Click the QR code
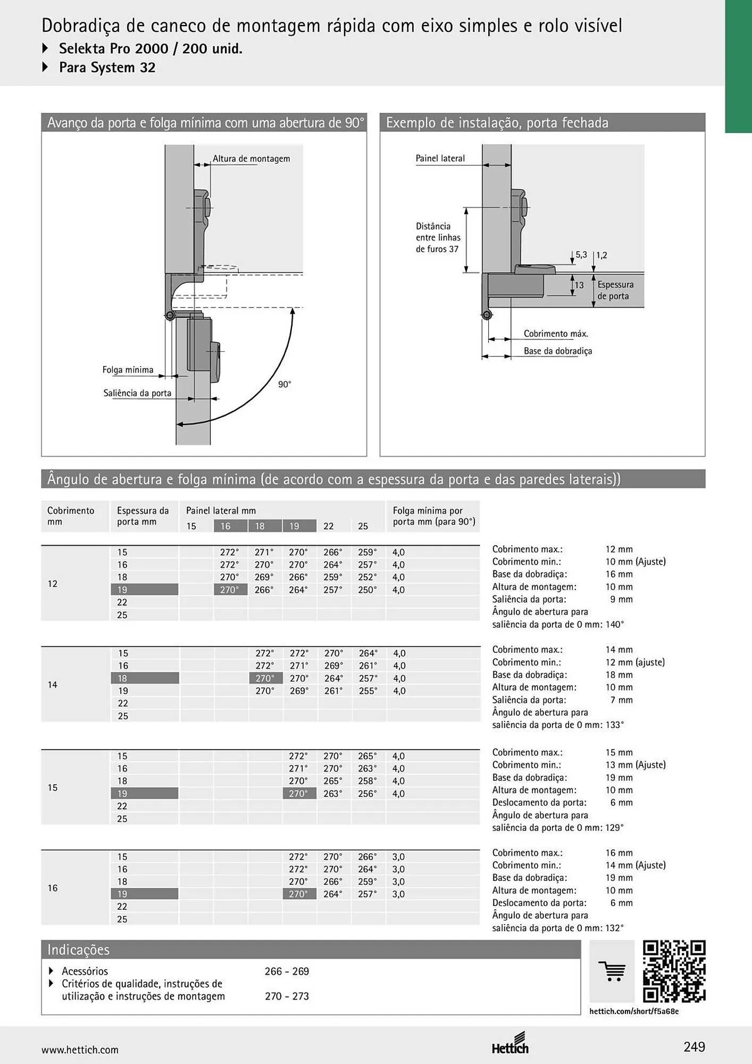click(x=674, y=971)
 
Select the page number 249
click(x=694, y=1047)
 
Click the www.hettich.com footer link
click(x=80, y=1050)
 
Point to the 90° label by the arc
click(x=285, y=384)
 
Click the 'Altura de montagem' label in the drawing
click(x=251, y=159)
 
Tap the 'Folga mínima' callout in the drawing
click(x=128, y=370)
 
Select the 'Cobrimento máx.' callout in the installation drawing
click(x=556, y=334)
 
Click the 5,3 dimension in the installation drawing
click(x=581, y=255)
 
